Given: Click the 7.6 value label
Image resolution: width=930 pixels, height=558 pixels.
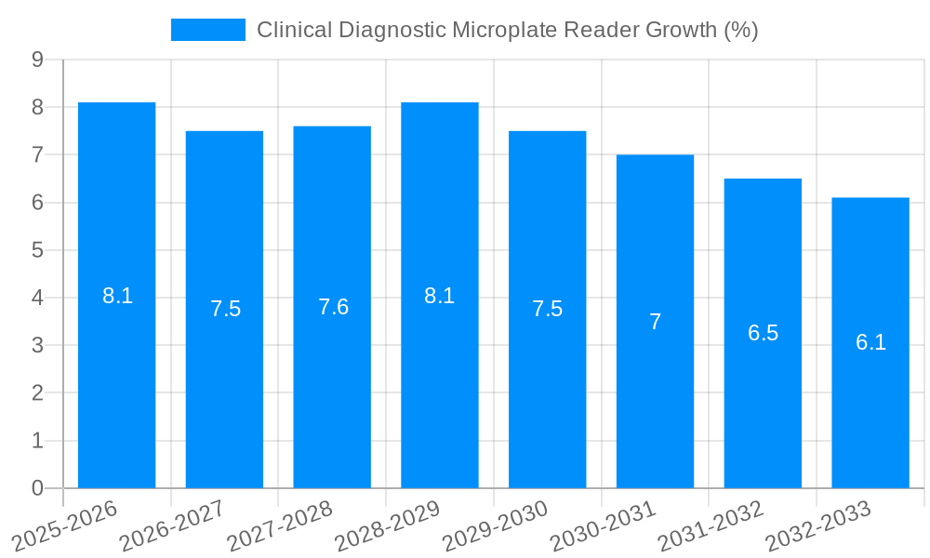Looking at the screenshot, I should (333, 307).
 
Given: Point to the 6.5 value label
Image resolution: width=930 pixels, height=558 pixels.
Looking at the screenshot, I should (763, 333).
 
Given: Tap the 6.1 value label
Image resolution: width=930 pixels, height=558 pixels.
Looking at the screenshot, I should (870, 342).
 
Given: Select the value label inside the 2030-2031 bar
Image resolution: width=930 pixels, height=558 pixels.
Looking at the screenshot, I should (655, 322).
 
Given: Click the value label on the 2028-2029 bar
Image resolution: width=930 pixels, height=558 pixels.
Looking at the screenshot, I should (439, 296).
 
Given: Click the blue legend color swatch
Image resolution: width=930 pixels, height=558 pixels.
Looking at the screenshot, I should (207, 30).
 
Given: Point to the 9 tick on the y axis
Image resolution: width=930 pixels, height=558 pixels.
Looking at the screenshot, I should (37, 60).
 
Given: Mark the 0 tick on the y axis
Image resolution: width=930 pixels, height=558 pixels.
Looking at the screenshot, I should (37, 488).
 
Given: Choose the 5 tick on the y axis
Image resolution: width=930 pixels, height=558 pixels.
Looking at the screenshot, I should (37, 250).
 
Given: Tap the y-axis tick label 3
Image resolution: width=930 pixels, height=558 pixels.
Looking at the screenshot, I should (37, 345).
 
